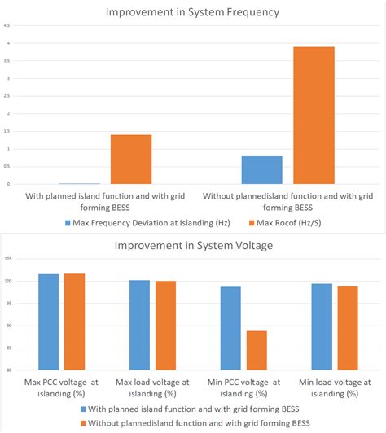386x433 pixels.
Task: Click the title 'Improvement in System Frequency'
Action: point(193,11)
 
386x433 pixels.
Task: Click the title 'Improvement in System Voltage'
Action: point(193,245)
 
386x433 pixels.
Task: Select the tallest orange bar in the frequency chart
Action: point(314,115)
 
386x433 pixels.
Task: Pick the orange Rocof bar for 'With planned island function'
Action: point(131,159)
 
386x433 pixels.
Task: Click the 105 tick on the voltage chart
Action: point(8,259)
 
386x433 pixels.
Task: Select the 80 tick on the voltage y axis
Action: point(8,370)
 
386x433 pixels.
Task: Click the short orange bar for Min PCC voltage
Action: point(257,350)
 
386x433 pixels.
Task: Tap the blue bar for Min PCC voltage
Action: point(230,328)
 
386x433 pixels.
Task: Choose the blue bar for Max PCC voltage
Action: point(48,321)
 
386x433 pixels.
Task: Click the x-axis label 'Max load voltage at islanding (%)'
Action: point(152,387)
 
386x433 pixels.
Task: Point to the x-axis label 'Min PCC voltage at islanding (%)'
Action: point(243,387)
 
